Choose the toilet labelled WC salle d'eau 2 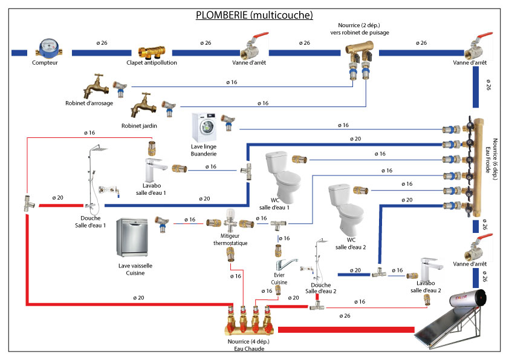342,209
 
